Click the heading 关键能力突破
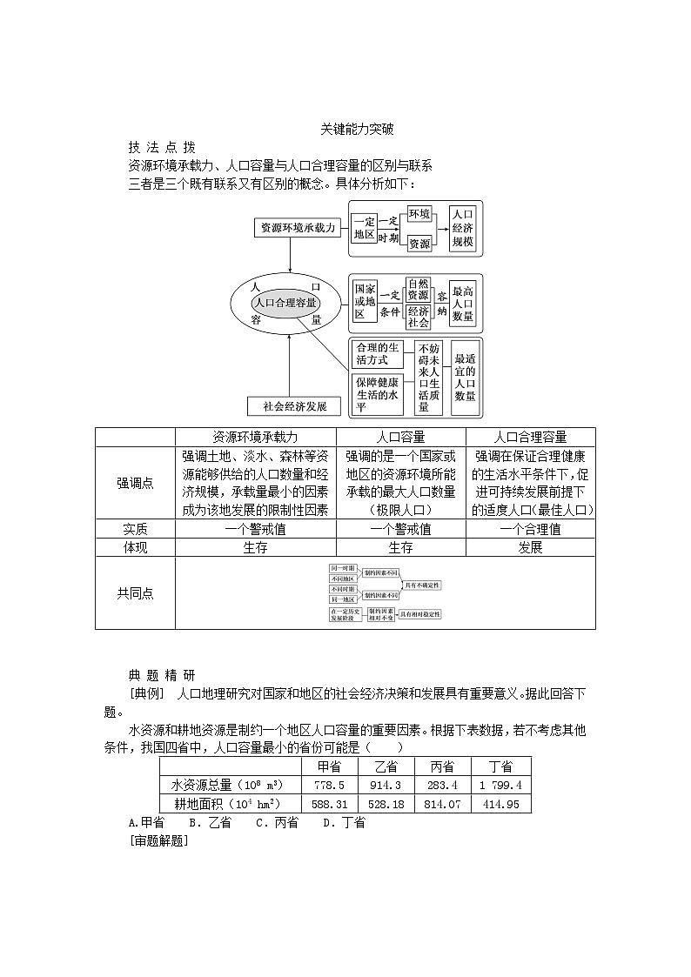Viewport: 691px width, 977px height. (x=357, y=129)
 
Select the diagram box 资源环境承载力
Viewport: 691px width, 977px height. (x=296, y=228)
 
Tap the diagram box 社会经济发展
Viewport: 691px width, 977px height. (x=288, y=406)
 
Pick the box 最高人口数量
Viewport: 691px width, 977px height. (x=463, y=303)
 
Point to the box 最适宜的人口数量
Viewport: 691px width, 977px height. (x=465, y=376)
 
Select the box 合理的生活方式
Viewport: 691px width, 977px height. (x=378, y=354)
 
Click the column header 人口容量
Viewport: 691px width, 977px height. (x=400, y=437)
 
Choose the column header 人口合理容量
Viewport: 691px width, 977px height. (x=530, y=437)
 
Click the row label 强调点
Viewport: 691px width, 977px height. (x=135, y=484)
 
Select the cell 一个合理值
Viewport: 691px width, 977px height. (x=530, y=529)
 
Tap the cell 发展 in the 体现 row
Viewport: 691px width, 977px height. (x=530, y=547)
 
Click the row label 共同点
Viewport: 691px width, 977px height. (x=135, y=592)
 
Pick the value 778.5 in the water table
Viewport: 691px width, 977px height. (x=323, y=785)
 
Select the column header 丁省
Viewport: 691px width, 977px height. (x=500, y=766)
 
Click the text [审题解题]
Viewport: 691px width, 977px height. (x=158, y=840)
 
